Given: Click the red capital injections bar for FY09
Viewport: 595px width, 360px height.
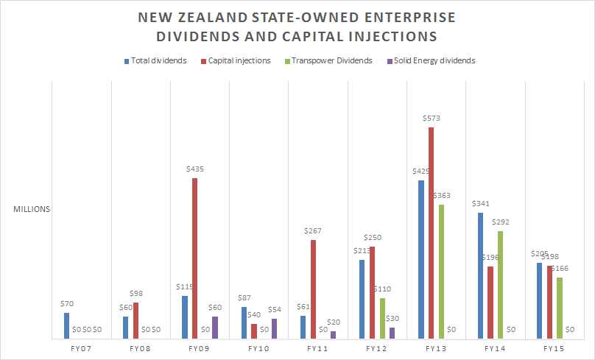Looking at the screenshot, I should (x=194, y=258).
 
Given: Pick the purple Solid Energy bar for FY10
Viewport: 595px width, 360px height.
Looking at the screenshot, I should (x=274, y=328).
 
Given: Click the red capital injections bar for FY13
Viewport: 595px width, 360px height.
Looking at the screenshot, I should (x=431, y=233).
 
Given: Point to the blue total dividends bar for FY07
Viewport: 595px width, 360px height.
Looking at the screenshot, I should (x=66, y=325).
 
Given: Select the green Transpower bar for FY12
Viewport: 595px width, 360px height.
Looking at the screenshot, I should (x=381, y=318).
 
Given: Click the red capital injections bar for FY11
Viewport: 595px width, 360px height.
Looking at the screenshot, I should (x=313, y=289).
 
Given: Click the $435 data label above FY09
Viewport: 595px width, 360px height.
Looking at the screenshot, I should (x=194, y=169).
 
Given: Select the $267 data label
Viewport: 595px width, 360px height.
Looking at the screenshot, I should (x=313, y=231).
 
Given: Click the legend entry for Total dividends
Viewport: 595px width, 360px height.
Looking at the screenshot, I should (x=155, y=60).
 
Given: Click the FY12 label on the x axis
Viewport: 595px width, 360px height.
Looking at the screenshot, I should (x=376, y=347).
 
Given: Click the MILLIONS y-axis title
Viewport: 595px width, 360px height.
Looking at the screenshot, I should (x=32, y=209).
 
